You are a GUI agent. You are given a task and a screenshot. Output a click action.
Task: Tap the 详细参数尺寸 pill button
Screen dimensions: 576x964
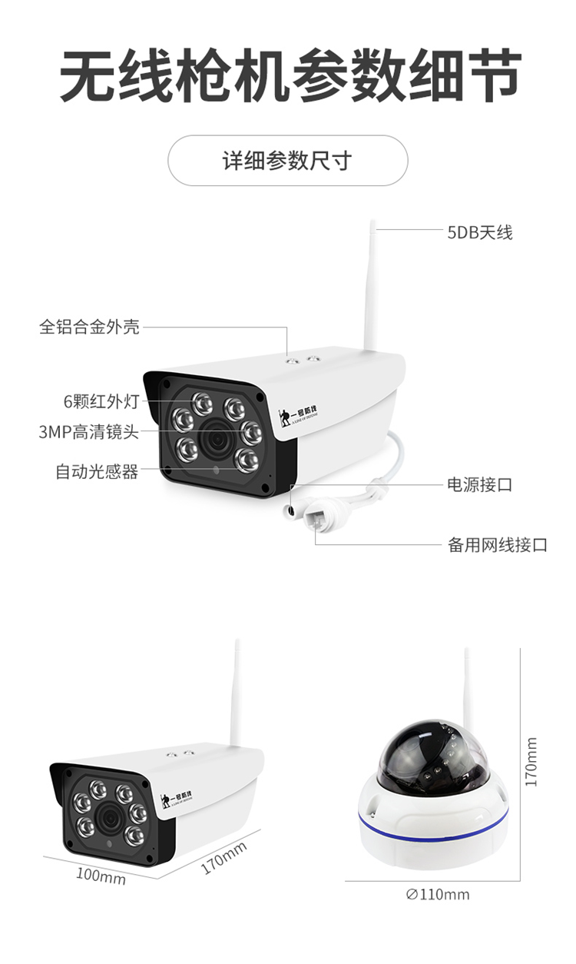coord(287,161)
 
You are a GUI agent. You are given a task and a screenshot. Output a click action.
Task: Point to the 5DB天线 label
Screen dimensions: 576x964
coord(479,231)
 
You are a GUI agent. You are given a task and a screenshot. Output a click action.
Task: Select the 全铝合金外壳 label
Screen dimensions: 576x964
coord(90,327)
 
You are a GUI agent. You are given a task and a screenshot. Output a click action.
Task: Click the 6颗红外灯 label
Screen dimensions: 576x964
coord(101,401)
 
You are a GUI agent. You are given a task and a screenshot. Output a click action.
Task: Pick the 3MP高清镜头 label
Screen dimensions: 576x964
coord(89,432)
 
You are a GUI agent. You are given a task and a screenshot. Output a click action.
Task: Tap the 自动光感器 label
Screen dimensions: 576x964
coord(97,471)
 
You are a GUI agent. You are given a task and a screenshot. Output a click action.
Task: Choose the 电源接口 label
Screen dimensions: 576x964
coord(479,485)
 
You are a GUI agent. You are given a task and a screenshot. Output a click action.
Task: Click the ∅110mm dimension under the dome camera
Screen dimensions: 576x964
coord(437,894)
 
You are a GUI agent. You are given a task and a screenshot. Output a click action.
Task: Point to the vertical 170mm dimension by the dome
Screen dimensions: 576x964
coord(531,761)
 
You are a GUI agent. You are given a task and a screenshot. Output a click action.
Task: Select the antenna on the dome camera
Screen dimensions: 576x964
coord(466,684)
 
